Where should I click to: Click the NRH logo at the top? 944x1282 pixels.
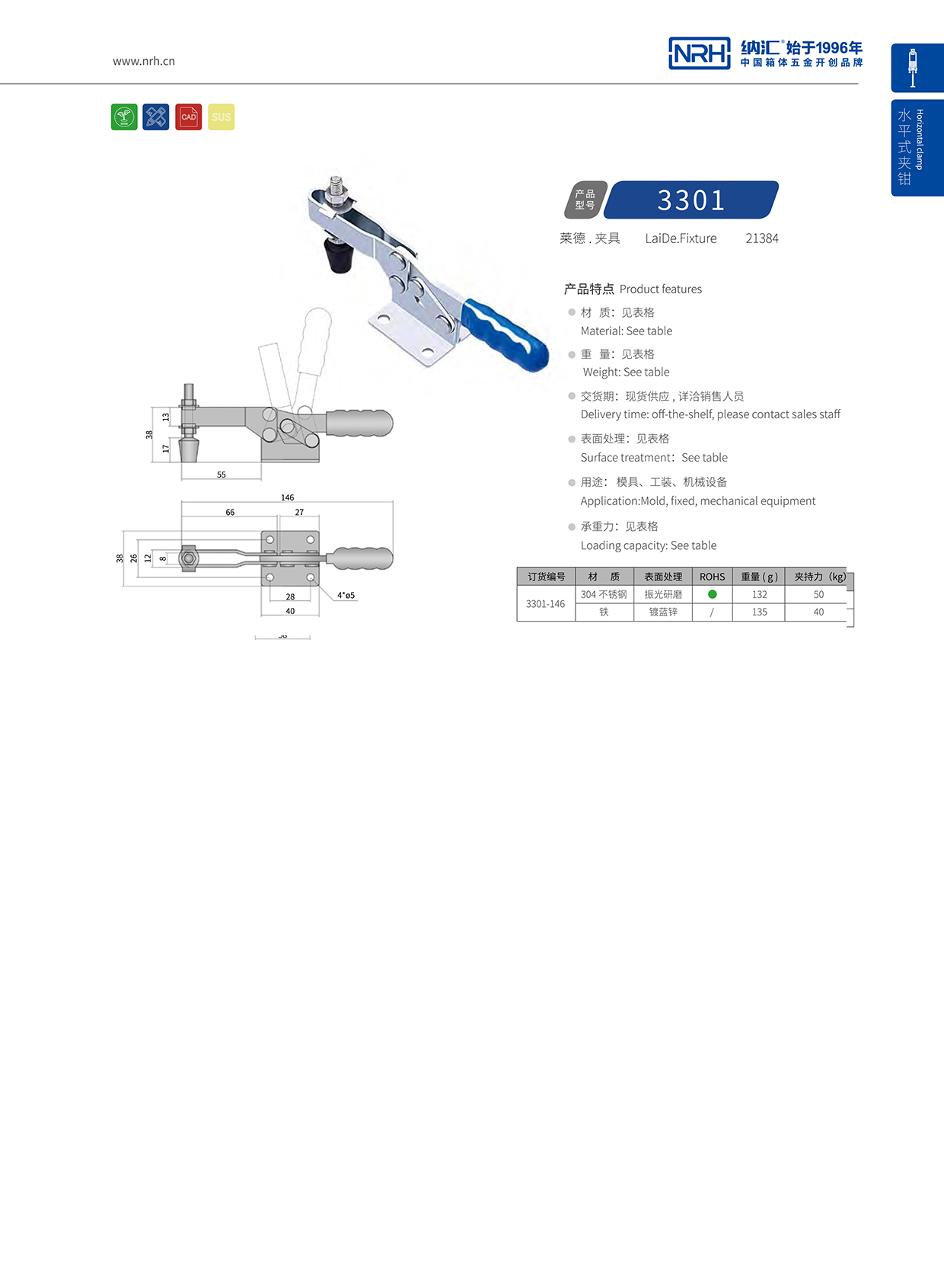pyautogui.click(x=699, y=53)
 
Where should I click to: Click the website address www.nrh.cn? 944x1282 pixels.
pyautogui.click(x=144, y=61)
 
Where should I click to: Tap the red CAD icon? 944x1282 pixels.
pyautogui.click(x=189, y=117)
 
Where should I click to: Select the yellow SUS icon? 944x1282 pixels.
pyautogui.click(x=222, y=117)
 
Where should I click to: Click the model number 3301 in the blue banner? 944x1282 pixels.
pyautogui.click(x=691, y=200)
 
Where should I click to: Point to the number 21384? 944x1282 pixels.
pyautogui.click(x=761, y=238)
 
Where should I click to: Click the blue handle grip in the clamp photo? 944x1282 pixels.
pyautogui.click(x=506, y=336)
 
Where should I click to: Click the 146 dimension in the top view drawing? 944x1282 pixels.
pyautogui.click(x=287, y=497)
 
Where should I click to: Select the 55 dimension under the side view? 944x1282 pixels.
pyautogui.click(x=222, y=475)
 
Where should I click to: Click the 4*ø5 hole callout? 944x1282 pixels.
pyautogui.click(x=346, y=595)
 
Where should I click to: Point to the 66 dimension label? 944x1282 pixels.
pyautogui.click(x=230, y=512)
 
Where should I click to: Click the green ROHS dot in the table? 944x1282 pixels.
pyautogui.click(x=713, y=594)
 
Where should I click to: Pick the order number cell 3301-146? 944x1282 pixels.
pyautogui.click(x=546, y=604)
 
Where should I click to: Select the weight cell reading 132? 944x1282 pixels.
pyautogui.click(x=759, y=594)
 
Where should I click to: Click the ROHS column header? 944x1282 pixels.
pyautogui.click(x=713, y=577)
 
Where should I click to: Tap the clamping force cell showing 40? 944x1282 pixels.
pyautogui.click(x=818, y=612)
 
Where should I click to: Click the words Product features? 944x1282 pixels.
pyautogui.click(x=661, y=289)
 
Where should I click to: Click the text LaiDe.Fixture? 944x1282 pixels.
pyautogui.click(x=681, y=238)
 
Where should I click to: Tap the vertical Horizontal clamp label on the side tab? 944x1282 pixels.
pyautogui.click(x=920, y=139)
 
